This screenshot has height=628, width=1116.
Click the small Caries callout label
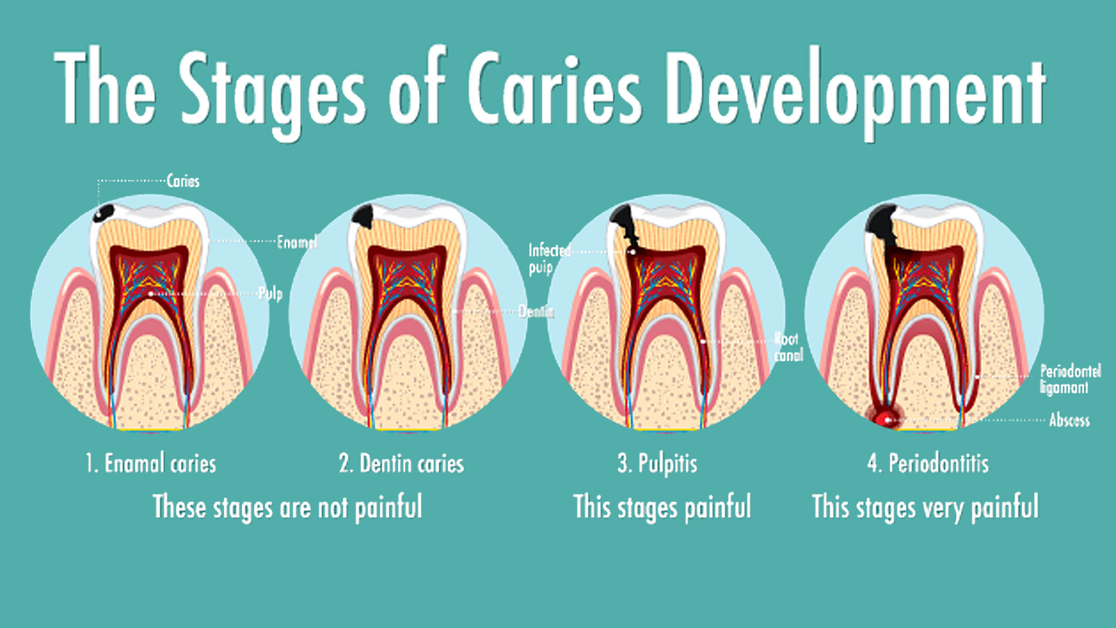tap(183, 181)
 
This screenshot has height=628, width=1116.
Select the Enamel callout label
tap(296, 242)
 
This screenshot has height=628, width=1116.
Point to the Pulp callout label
tap(270, 293)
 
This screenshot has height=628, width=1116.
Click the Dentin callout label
tap(535, 311)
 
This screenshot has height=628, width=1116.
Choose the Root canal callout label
tap(787, 347)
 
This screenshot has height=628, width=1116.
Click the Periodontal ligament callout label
tap(1069, 379)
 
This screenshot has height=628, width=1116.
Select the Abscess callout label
tap(1069, 420)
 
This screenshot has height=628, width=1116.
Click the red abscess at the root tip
tap(887, 419)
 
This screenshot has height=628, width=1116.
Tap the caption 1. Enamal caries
tap(151, 463)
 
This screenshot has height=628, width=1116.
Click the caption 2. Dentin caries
tap(401, 463)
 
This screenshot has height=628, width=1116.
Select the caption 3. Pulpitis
tap(657, 463)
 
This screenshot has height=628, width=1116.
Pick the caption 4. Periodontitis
tap(928, 463)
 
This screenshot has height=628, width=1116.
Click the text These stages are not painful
tap(287, 507)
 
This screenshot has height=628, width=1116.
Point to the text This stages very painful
tap(925, 507)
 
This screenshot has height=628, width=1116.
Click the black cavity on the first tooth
tap(105, 211)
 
